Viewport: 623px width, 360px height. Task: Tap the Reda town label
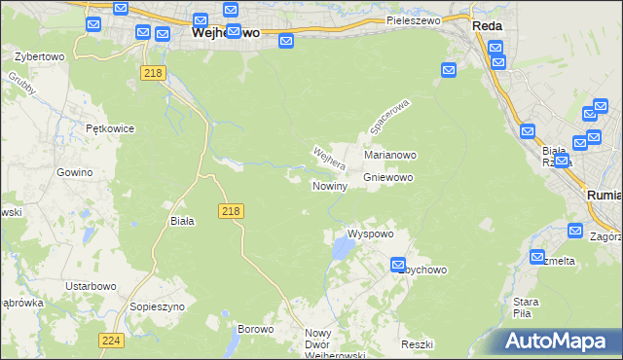pos(487,26)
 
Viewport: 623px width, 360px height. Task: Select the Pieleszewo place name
pos(413,19)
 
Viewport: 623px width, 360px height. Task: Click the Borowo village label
pos(256,329)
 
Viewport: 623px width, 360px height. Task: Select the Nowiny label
pos(329,186)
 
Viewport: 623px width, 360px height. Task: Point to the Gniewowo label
pos(389,178)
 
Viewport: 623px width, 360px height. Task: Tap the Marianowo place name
pos(390,155)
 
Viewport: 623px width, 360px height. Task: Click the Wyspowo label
pos(370,234)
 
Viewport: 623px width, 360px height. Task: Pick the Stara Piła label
pos(526,307)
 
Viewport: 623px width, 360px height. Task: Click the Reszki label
pos(417,344)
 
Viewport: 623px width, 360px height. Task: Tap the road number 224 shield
pos(110,340)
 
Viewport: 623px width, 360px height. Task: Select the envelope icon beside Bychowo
pos(398,264)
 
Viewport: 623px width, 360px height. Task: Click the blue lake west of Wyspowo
pos(340,251)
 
